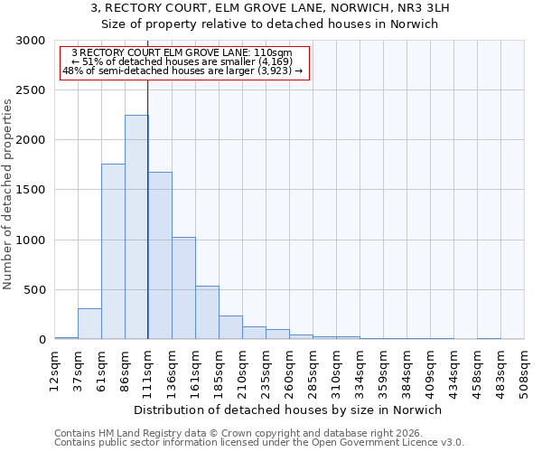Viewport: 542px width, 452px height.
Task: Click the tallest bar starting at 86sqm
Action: [x=136, y=227]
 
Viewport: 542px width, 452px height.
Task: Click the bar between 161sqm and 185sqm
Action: [x=207, y=313]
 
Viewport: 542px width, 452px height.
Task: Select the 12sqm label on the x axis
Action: [x=55, y=370]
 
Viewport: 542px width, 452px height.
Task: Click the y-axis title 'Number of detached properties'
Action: [x=8, y=194]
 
